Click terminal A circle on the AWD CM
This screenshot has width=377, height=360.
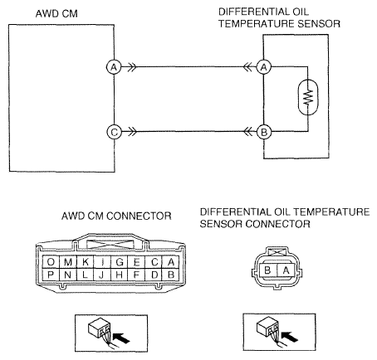114,67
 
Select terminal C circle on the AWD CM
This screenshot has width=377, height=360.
114,132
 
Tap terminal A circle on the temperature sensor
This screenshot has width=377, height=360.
264,67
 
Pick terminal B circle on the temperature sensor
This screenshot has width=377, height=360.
264,132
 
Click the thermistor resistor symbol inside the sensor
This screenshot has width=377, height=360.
308,97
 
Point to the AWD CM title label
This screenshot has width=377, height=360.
56,14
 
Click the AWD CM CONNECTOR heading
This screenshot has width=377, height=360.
116,216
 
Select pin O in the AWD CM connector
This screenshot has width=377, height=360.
51,261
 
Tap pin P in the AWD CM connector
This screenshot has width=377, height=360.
51,275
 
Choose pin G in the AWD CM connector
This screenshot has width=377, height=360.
120,261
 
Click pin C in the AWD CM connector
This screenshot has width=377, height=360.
154,261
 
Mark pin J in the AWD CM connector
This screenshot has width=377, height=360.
102,275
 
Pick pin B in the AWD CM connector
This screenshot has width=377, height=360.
171,275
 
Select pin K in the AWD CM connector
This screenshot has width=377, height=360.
86,261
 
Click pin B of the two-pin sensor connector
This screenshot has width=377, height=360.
267,270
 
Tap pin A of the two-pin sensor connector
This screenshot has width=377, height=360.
286,270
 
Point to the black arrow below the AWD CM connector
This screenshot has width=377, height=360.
121,338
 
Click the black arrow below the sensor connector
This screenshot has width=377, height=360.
289,337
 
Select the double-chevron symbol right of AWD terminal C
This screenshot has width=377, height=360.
132,132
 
